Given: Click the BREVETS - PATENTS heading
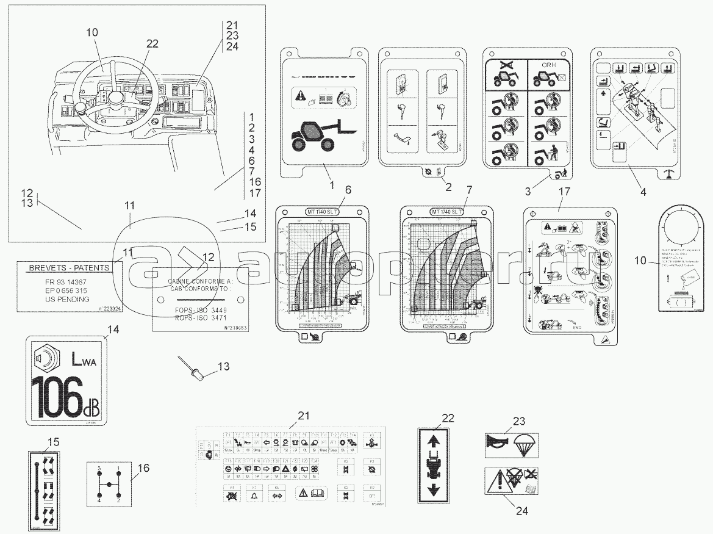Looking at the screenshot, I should tap(68, 267).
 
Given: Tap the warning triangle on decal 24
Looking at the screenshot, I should tap(496, 482).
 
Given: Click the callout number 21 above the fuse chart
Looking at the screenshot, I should tap(304, 416).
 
